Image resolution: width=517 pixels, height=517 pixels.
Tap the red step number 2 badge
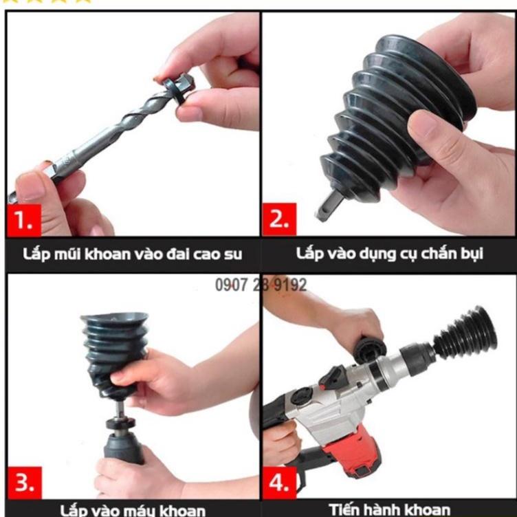pos(278,220)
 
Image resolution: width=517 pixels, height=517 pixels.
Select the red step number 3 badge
pos(24,483)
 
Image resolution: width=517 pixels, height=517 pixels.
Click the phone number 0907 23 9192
pos(261,285)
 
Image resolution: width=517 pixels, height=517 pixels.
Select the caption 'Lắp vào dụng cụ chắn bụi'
pos(390,253)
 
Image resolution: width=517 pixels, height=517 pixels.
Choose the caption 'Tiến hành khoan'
pos(390,509)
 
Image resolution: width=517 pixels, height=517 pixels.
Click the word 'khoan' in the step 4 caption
pos(426,509)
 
